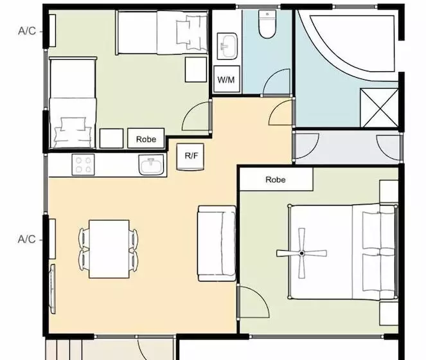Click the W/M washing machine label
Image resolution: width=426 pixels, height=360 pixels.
[226, 80]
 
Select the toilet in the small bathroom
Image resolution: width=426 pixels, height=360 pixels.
[267, 24]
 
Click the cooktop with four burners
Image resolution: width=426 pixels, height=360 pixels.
[83, 165]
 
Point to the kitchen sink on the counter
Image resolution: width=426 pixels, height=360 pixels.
[152, 165]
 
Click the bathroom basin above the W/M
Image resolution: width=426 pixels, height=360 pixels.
[227, 46]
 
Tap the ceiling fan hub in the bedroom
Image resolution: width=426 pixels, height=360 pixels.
[301, 253]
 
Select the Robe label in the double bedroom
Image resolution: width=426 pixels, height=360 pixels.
[276, 180]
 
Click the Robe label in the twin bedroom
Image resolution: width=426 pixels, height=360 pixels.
[146, 139]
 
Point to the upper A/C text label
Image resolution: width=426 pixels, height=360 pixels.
[27, 31]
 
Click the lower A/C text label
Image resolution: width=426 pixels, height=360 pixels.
[26, 239]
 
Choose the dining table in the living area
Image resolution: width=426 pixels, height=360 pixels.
[109, 249]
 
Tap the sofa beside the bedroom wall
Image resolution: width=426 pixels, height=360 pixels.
[217, 244]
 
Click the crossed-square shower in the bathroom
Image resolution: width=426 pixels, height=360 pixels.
[379, 107]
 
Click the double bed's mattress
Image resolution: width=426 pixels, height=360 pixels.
[342, 252]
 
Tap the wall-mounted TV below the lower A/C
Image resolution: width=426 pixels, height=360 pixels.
[52, 289]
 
